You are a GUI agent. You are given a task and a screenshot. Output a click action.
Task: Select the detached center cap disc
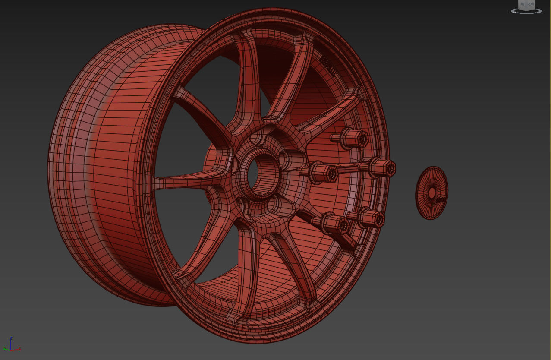(x=431, y=193)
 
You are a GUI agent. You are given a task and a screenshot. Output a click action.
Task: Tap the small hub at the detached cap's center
(x=431, y=193)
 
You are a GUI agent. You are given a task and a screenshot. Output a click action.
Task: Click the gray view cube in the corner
(x=526, y=5)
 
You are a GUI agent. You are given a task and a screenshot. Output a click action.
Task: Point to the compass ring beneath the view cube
(x=526, y=11)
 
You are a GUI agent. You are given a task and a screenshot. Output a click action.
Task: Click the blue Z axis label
(x=11, y=338)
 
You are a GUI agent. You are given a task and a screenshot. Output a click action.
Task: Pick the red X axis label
(x=20, y=348)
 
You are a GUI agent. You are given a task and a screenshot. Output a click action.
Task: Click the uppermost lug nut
(x=355, y=139)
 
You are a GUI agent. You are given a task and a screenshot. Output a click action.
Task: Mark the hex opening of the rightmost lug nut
(x=390, y=168)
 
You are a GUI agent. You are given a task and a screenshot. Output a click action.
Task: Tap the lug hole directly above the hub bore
(x=258, y=137)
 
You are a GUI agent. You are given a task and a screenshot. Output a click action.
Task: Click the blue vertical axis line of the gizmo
(x=11, y=344)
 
